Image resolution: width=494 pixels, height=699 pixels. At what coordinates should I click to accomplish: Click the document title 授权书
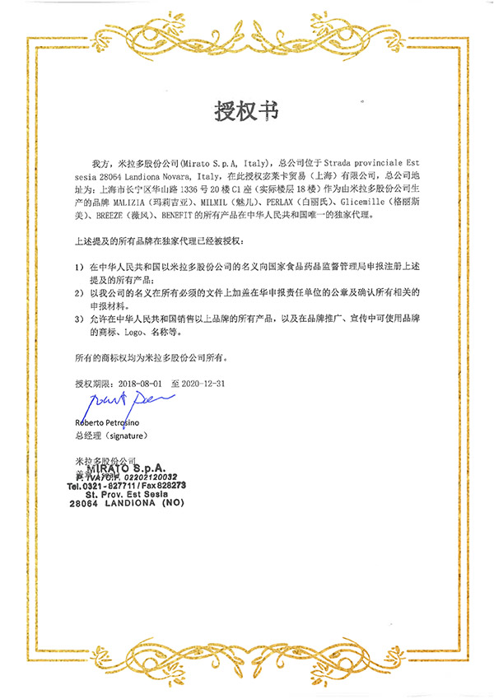pyautogui.click(x=246, y=110)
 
